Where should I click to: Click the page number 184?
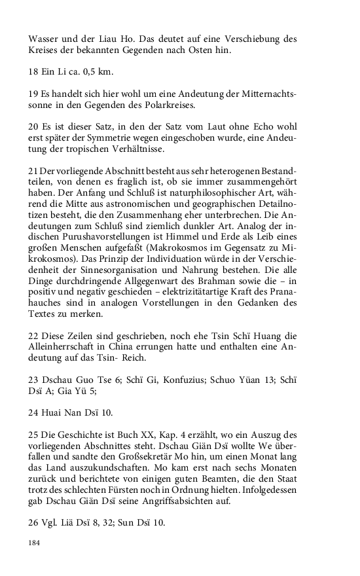(x=34, y=543)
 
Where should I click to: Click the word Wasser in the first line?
(x=45, y=39)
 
